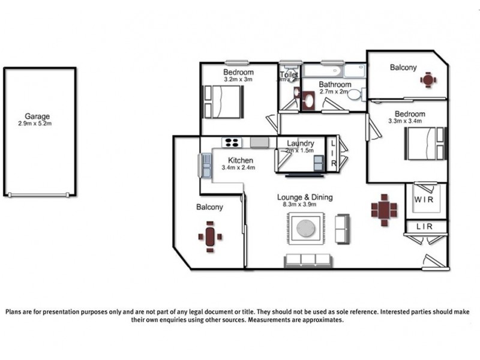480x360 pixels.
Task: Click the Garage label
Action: pos(37,116)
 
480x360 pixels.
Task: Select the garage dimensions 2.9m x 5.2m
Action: pos(37,124)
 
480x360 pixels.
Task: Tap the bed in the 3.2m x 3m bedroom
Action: pos(223,103)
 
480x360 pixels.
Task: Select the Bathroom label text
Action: pos(335,85)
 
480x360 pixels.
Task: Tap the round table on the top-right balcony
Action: pos(427,80)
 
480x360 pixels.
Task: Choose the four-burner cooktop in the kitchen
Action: pos(232,143)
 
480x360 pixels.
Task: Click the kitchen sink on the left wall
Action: pos(206,165)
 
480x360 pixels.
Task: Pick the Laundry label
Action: pos(300,144)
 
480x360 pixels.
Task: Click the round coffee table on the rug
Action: pos(306,228)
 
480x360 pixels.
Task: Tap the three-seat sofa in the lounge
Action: pos(307,260)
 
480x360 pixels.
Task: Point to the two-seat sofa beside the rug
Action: pos(342,229)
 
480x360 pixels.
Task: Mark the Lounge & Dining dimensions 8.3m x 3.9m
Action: pos(304,205)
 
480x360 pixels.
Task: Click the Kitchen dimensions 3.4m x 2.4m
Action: pos(238,168)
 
